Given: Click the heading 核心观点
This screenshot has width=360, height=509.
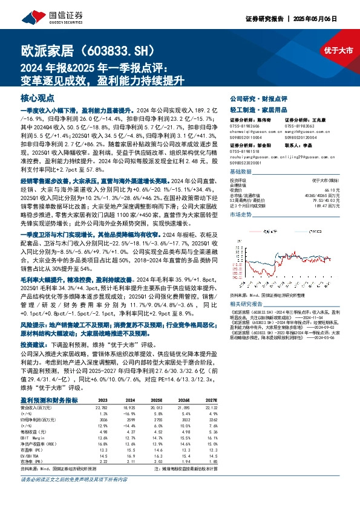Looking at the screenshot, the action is coord(38,97).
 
